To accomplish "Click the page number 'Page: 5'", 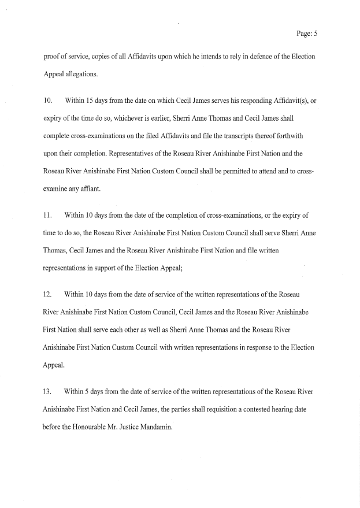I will [x=307, y=34].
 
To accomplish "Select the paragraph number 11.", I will [x=48, y=215].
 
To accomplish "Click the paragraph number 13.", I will [x=48, y=391].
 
